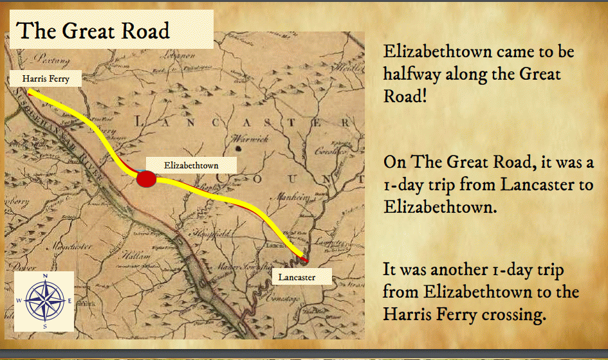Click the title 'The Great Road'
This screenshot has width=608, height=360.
tap(94, 30)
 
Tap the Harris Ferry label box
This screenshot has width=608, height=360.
tap(45, 79)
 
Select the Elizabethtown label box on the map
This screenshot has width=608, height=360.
tap(191, 165)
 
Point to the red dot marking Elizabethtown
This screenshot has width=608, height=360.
tap(147, 179)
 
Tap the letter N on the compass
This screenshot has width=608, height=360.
tap(45, 276)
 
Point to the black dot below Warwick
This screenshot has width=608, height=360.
tap(239, 149)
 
